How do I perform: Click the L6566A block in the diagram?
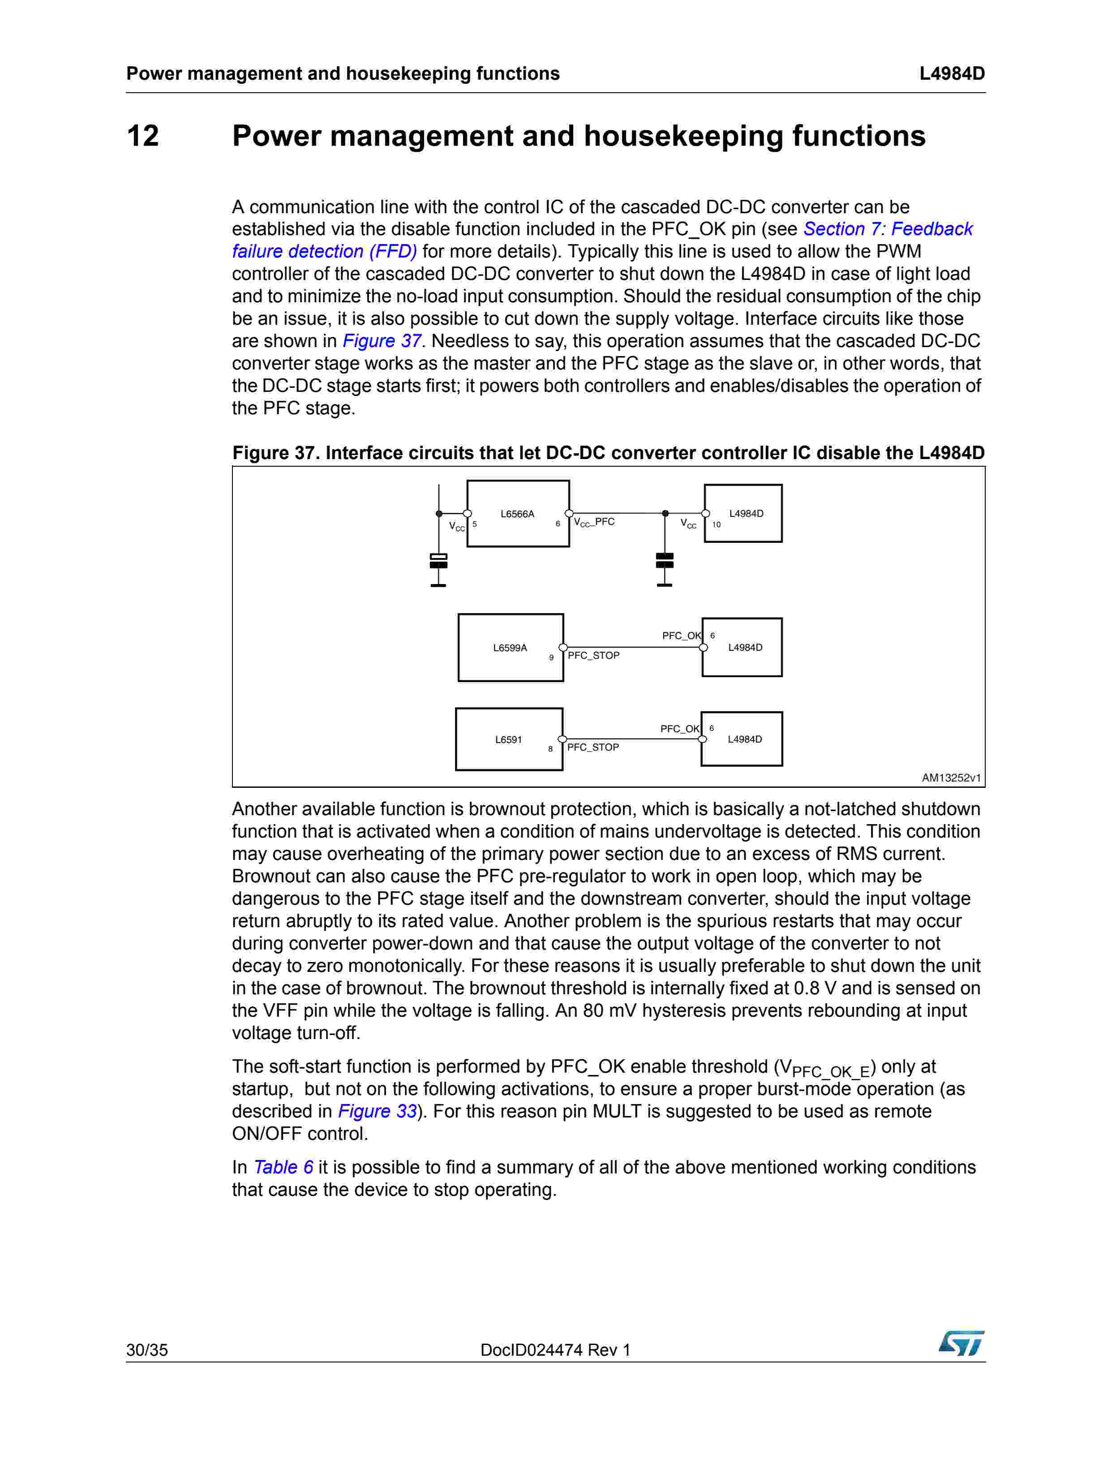[x=518, y=513]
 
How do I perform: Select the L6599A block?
[x=511, y=648]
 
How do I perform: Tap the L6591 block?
[x=509, y=739]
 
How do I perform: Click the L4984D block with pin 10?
[x=743, y=513]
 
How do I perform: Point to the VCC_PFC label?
[x=594, y=522]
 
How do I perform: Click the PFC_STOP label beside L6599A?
[x=593, y=656]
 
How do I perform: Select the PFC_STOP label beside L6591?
[x=593, y=747]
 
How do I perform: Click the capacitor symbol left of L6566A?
[x=438, y=561]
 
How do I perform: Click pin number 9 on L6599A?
[x=551, y=657]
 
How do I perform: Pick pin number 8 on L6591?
[x=551, y=749]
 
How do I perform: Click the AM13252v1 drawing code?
[x=951, y=778]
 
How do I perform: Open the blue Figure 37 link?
[x=382, y=341]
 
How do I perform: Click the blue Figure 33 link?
[x=378, y=1111]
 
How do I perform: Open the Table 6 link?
[x=283, y=1167]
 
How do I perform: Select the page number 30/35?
[x=147, y=1350]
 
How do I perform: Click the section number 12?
[x=143, y=136]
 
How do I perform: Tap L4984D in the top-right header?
[x=952, y=73]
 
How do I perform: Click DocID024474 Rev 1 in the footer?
[x=555, y=1350]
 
